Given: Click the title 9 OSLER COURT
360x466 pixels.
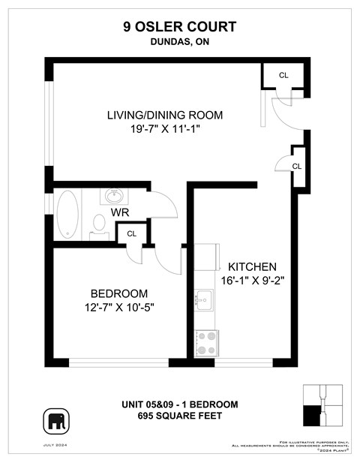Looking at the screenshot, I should coord(179,27).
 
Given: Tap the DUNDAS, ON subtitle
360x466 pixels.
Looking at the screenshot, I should coord(179,43).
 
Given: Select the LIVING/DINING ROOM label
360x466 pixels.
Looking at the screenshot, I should coord(165,116).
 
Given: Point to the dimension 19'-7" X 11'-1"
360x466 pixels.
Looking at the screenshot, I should coord(165,129).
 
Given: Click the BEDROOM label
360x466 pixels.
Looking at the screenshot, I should coord(119,293).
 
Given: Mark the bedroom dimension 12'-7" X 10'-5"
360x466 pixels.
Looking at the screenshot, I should coord(119,306).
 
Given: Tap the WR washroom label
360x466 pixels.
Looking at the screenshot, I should coord(121,213).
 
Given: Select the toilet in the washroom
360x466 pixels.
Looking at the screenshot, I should coord(99,224).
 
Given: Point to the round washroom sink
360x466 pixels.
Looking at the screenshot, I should coord(115,197).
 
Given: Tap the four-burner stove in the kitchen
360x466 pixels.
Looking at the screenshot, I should coord(206,342).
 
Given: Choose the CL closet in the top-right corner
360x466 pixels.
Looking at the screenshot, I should coord(283,75).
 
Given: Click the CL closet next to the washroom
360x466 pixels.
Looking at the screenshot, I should coord(131,233).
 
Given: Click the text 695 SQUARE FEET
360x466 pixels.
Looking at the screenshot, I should coord(179,416).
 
